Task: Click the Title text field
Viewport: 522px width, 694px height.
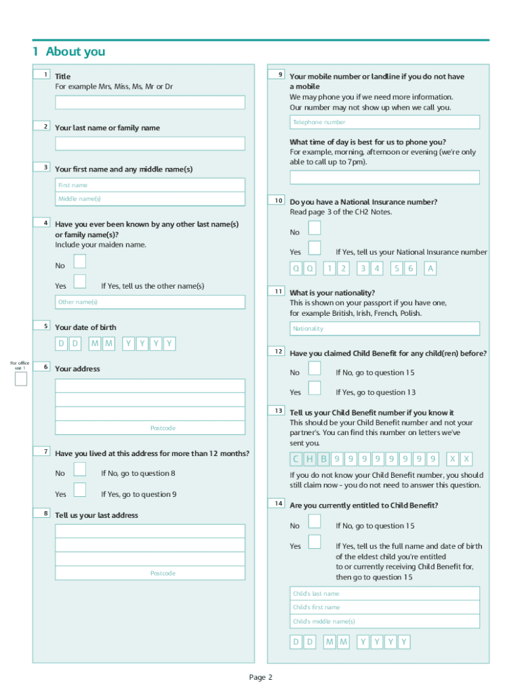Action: pyautogui.click(x=150, y=102)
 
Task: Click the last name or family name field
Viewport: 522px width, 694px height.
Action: pyautogui.click(x=150, y=144)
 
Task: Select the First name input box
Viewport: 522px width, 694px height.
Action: pyautogui.click(x=150, y=185)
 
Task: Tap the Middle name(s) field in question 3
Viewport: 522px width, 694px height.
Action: pyautogui.click(x=150, y=199)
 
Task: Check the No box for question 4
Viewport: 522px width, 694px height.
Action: pyautogui.click(x=80, y=262)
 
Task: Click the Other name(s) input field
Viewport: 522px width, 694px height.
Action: pyautogui.click(x=150, y=302)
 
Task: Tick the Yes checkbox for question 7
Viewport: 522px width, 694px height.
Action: pyautogui.click(x=80, y=490)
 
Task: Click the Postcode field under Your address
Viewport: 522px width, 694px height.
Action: pyautogui.click(x=150, y=428)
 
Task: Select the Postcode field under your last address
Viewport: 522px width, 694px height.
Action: pyautogui.click(x=150, y=573)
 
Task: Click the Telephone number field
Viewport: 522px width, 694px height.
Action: pyautogui.click(x=384, y=122)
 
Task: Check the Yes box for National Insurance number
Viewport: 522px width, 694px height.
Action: pyautogui.click(x=315, y=248)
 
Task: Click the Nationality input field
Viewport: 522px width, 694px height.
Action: pyautogui.click(x=384, y=329)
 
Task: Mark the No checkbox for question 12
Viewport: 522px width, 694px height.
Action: pyautogui.click(x=315, y=369)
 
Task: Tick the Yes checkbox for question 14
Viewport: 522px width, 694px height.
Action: pyautogui.click(x=315, y=542)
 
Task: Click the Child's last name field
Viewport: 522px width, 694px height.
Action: pyautogui.click(x=384, y=594)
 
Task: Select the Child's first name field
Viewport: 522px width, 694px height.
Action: pyautogui.click(x=384, y=607)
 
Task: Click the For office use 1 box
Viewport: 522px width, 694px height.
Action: pyautogui.click(x=21, y=379)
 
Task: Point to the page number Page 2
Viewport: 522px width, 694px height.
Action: pyautogui.click(x=260, y=677)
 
